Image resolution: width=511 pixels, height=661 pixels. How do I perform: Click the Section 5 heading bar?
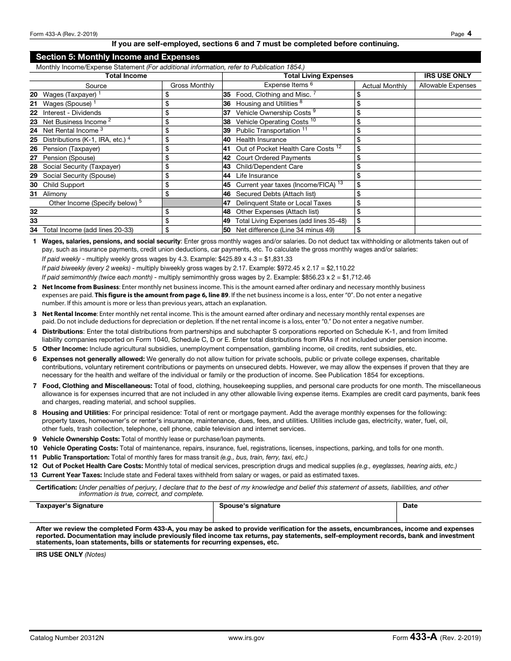pyautogui.click(x=255, y=57)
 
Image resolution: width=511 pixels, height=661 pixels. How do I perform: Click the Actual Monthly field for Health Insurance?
pyautogui.click(x=385, y=140)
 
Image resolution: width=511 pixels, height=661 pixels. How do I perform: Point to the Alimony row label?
pyautogui.click(x=55, y=194)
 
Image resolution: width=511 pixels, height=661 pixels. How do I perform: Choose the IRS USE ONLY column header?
pyautogui.click(x=448, y=76)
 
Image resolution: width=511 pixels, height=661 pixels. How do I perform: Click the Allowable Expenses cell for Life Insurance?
pyautogui.click(x=448, y=176)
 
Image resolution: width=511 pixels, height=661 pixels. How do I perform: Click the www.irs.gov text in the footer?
pyautogui.click(x=246, y=638)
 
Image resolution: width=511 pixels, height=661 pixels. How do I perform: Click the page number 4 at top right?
pyautogui.click(x=470, y=33)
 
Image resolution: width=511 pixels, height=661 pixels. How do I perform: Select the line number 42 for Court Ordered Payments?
pyautogui.click(x=226, y=158)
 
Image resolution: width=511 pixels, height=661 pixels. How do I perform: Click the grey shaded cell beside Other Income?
pyautogui.click(x=192, y=203)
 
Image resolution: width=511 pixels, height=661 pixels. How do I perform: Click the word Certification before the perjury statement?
pyautogui.click(x=56, y=487)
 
